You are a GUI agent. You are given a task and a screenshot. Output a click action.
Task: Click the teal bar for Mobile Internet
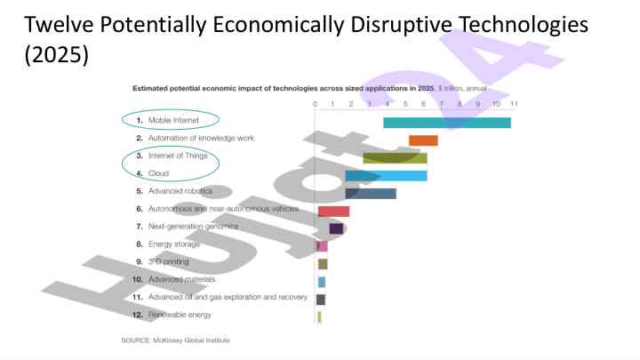pos(446,122)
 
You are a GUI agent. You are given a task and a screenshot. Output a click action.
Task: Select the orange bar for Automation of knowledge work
pos(423,140)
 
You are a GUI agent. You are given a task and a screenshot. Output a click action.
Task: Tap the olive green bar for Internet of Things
pos(395,157)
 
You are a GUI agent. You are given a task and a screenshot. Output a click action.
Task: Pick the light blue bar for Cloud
pos(386,175)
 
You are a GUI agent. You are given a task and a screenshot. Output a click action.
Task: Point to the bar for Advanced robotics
pos(371,193)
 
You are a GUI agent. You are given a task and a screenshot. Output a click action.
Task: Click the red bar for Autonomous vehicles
pos(333,211)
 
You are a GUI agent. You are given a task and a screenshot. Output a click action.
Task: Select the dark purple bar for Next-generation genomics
pos(336,228)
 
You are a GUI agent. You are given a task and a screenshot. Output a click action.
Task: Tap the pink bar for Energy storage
pos(322,246)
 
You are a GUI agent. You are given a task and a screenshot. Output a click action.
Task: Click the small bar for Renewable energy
pos(319,316)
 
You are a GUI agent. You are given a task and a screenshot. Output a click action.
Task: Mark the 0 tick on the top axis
pos(316,104)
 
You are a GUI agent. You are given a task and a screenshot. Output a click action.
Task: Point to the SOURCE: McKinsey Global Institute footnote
pos(175,340)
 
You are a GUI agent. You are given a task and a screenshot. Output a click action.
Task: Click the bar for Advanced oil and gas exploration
pos(321,300)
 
